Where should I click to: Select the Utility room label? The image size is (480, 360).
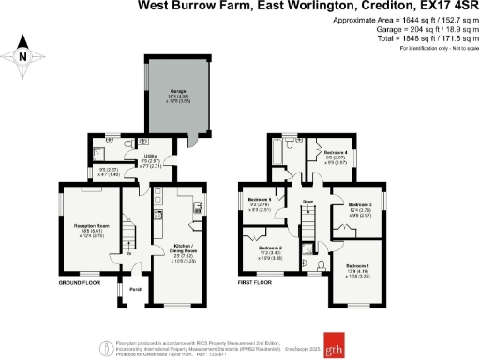148,155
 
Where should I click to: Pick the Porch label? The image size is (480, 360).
136,289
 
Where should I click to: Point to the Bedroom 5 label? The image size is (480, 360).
260,200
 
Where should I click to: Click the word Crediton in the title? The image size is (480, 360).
362,7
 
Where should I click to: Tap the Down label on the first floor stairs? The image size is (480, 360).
307,201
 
